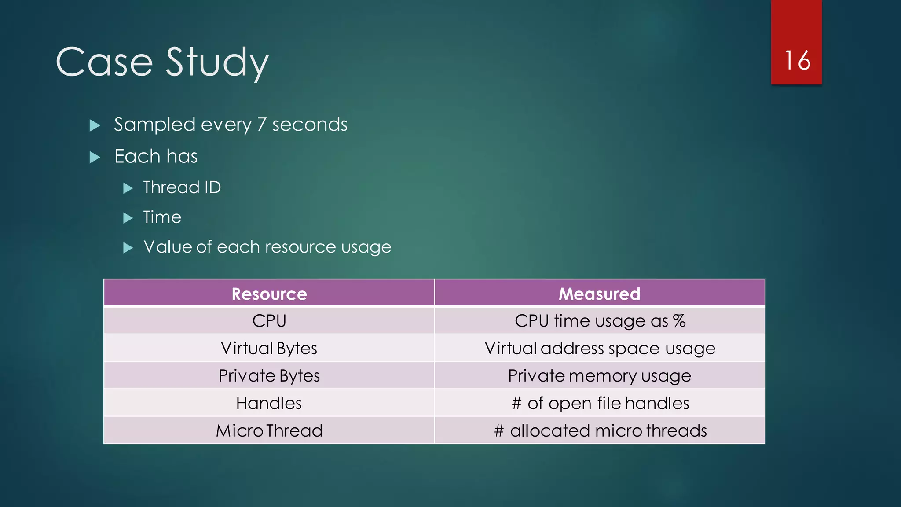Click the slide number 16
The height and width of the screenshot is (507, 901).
tap(797, 60)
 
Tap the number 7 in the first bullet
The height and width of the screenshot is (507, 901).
tap(262, 125)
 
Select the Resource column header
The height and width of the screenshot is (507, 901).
tap(269, 294)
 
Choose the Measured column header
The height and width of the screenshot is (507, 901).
tap(599, 294)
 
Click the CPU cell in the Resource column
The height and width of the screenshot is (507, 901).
tap(269, 321)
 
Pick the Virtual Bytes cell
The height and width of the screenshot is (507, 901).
tap(269, 348)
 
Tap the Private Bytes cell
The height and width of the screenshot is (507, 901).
tap(269, 376)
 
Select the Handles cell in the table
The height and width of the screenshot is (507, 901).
tap(269, 403)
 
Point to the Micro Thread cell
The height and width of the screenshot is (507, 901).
tap(269, 430)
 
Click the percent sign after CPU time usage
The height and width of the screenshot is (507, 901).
tap(679, 321)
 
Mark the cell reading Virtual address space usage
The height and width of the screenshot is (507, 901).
tap(600, 348)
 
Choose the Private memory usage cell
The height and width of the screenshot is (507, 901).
tap(600, 376)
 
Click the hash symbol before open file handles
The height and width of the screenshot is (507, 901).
tap(517, 403)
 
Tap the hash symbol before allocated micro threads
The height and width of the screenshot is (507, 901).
tap(499, 430)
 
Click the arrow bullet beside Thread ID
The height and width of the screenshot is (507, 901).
tap(128, 188)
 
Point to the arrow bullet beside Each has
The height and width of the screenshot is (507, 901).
tap(95, 157)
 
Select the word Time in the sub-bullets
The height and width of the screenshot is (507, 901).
tap(162, 217)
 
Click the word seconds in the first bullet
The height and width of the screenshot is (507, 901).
tap(310, 125)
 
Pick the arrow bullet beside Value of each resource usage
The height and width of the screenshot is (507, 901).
tap(128, 248)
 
